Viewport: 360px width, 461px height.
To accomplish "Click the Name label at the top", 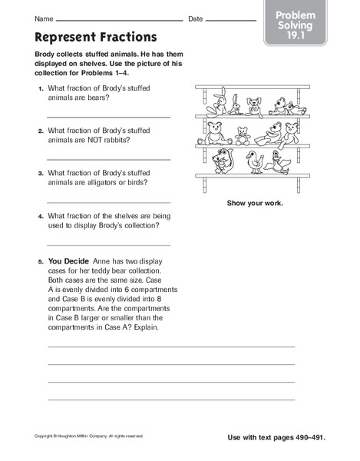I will click(45, 18).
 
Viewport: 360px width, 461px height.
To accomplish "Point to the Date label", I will click(196, 18).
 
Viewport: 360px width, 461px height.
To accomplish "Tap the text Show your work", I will click(254, 203).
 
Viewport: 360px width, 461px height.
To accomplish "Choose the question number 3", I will click(41, 173).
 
